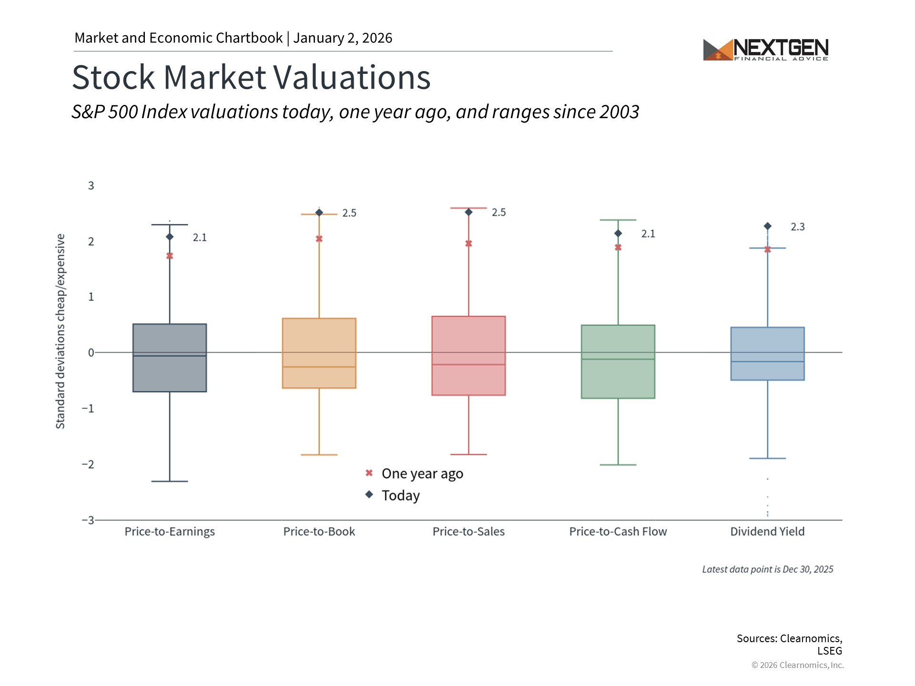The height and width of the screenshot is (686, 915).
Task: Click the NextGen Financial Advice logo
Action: point(766,50)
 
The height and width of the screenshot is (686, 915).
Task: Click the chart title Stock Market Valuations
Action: point(251,77)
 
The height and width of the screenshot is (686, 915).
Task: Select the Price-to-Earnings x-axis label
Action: point(170,532)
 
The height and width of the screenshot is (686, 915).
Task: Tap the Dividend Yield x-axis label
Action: point(767,532)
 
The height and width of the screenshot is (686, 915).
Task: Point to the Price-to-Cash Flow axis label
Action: point(618,532)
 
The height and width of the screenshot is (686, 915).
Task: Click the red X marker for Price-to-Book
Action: point(319,239)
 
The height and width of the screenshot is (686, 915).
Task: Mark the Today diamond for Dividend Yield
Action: point(767,226)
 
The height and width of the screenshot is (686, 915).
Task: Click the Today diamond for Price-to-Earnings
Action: point(170,237)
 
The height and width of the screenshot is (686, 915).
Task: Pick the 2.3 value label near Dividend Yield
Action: point(797,227)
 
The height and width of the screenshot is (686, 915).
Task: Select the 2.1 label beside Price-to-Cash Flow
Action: point(648,234)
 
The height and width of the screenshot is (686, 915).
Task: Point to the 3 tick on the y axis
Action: point(91,186)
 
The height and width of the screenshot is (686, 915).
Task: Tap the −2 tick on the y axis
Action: point(88,464)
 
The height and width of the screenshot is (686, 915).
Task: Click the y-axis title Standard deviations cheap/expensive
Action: point(61,331)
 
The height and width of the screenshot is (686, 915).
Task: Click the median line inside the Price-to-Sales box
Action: point(468,364)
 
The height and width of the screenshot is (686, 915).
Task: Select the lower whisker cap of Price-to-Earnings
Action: point(170,481)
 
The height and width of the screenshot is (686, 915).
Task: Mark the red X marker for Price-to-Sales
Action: point(468,243)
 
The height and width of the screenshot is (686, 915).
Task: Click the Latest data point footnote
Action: point(767,569)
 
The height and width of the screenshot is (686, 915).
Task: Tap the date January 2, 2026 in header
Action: point(343,38)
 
